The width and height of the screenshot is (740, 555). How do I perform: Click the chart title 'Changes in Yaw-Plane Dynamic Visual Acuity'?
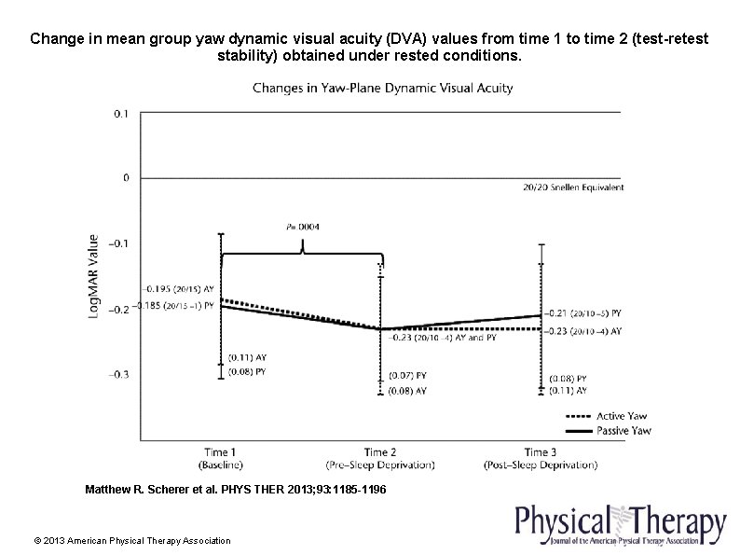pyautogui.click(x=383, y=89)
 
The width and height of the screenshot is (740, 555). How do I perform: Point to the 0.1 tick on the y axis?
pyautogui.click(x=121, y=114)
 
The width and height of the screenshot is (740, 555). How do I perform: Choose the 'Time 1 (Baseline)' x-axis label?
pyautogui.click(x=220, y=458)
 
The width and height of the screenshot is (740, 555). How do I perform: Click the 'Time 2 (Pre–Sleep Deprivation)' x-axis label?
pyautogui.click(x=380, y=458)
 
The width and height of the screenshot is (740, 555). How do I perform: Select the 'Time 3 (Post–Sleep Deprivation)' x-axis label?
pyautogui.click(x=541, y=458)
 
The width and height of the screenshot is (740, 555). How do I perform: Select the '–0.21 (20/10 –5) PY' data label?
pyautogui.click(x=584, y=314)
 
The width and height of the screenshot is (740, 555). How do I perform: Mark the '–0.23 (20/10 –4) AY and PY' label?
pyautogui.click(x=443, y=339)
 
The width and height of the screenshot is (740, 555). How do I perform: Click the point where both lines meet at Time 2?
pyautogui.click(x=380, y=328)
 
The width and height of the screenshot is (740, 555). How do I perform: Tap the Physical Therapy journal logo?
pyautogui.click(x=621, y=524)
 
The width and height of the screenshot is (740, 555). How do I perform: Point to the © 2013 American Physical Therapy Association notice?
pyautogui.click(x=131, y=541)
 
